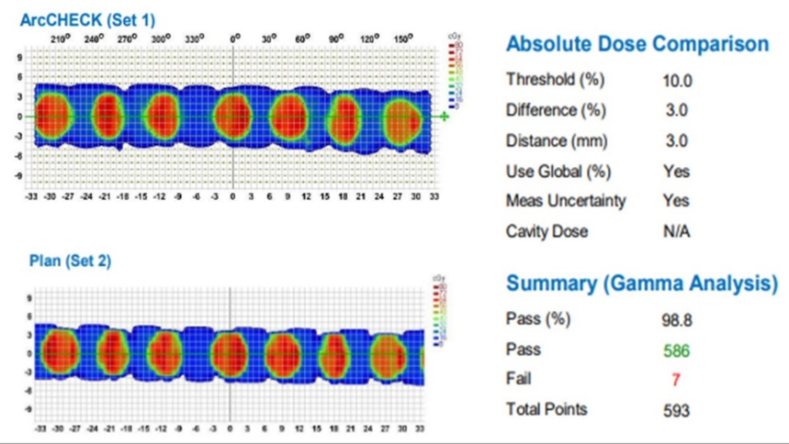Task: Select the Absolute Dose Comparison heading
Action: pyautogui.click(x=637, y=44)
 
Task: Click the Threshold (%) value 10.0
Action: pyautogui.click(x=677, y=81)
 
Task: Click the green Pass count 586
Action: pyautogui.click(x=676, y=350)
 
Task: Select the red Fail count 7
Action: pyautogui.click(x=676, y=380)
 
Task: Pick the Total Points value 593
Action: pyautogui.click(x=676, y=411)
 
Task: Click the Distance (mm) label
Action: pyautogui.click(x=557, y=141)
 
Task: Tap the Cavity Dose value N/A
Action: pyautogui.click(x=676, y=232)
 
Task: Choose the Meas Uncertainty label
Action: pyautogui.click(x=566, y=201)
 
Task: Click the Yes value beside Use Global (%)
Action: pyautogui.click(x=676, y=172)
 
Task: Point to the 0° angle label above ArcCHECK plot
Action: pyautogui.click(x=235, y=39)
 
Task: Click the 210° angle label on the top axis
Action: pyautogui.click(x=60, y=39)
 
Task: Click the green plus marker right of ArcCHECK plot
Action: pyautogui.click(x=445, y=117)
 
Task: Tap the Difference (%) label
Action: pyautogui.click(x=556, y=111)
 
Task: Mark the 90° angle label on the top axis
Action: pyautogui.click(x=335, y=39)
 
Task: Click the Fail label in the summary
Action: pyautogui.click(x=519, y=379)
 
